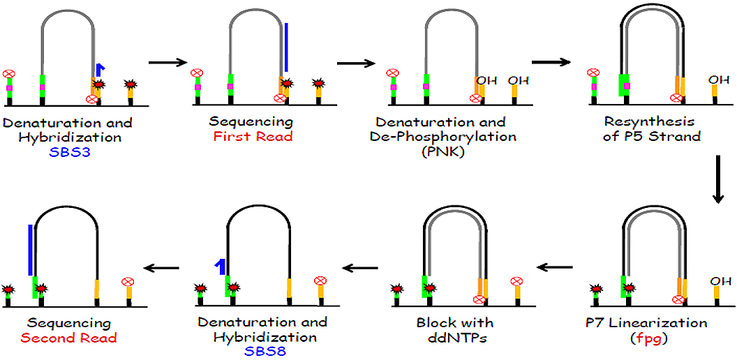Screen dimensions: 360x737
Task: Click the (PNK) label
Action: point(443,150)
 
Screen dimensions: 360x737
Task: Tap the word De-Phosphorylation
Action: point(443,137)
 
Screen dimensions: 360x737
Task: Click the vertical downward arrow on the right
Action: point(717,181)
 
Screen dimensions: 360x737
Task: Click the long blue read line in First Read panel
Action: point(285,52)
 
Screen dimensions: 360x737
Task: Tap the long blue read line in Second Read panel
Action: point(29,250)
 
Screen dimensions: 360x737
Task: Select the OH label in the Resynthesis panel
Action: point(718,80)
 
